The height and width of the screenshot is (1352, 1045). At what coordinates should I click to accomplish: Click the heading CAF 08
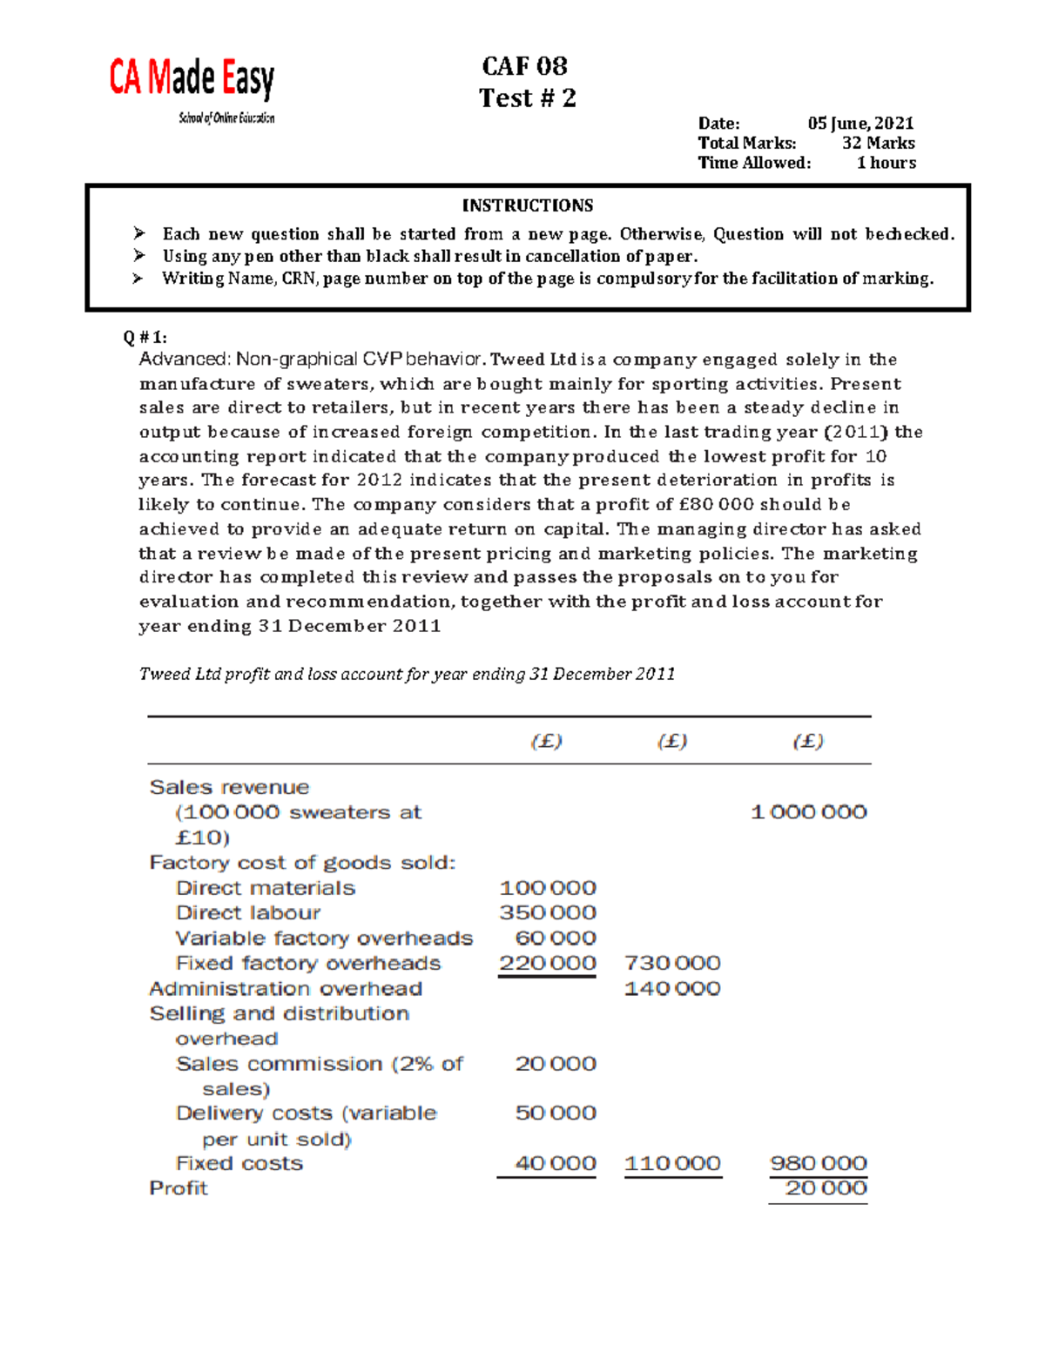tap(524, 66)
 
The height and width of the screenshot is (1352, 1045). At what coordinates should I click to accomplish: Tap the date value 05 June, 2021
tap(860, 124)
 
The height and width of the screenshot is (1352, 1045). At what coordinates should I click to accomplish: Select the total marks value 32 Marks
tap(878, 143)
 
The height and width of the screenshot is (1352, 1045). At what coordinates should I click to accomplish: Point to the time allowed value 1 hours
tap(886, 163)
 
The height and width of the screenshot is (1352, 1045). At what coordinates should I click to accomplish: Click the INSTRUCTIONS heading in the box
tap(527, 205)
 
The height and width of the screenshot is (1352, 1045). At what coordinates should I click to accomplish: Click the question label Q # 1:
tap(145, 338)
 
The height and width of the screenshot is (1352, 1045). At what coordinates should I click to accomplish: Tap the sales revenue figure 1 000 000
tap(808, 812)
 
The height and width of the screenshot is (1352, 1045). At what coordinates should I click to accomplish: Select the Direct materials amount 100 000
tap(548, 888)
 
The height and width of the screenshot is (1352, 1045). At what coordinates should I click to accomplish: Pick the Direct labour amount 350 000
tap(548, 913)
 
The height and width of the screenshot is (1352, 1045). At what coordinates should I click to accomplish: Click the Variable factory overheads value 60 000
tap(556, 938)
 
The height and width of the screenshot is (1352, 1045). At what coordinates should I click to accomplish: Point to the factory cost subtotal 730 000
tap(672, 964)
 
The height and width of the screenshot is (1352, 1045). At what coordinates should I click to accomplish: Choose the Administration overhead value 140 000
tap(672, 989)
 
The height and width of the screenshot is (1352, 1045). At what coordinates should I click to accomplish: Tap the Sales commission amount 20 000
tap(556, 1064)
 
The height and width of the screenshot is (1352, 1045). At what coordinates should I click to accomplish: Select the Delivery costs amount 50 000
tap(556, 1113)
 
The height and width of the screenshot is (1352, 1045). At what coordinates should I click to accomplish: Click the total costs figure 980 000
tap(818, 1164)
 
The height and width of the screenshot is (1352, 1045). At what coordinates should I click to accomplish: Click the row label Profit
tap(179, 1188)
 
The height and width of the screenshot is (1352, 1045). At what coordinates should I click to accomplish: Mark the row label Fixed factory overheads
tap(308, 964)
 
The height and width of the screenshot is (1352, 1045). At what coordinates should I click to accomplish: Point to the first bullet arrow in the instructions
tap(138, 233)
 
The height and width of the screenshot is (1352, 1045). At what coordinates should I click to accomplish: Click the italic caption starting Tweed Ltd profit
tap(407, 674)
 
